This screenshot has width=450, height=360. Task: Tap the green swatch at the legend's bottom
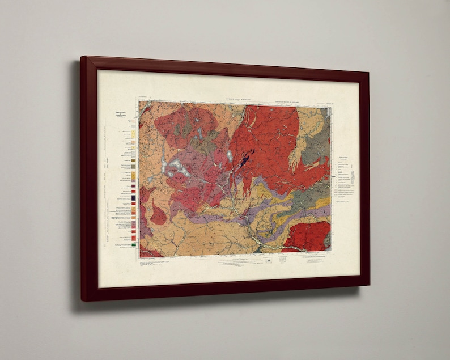(x=134, y=245)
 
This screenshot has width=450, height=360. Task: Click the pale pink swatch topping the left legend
(x=134, y=120)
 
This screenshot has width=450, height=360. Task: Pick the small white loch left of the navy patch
(x=229, y=156)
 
